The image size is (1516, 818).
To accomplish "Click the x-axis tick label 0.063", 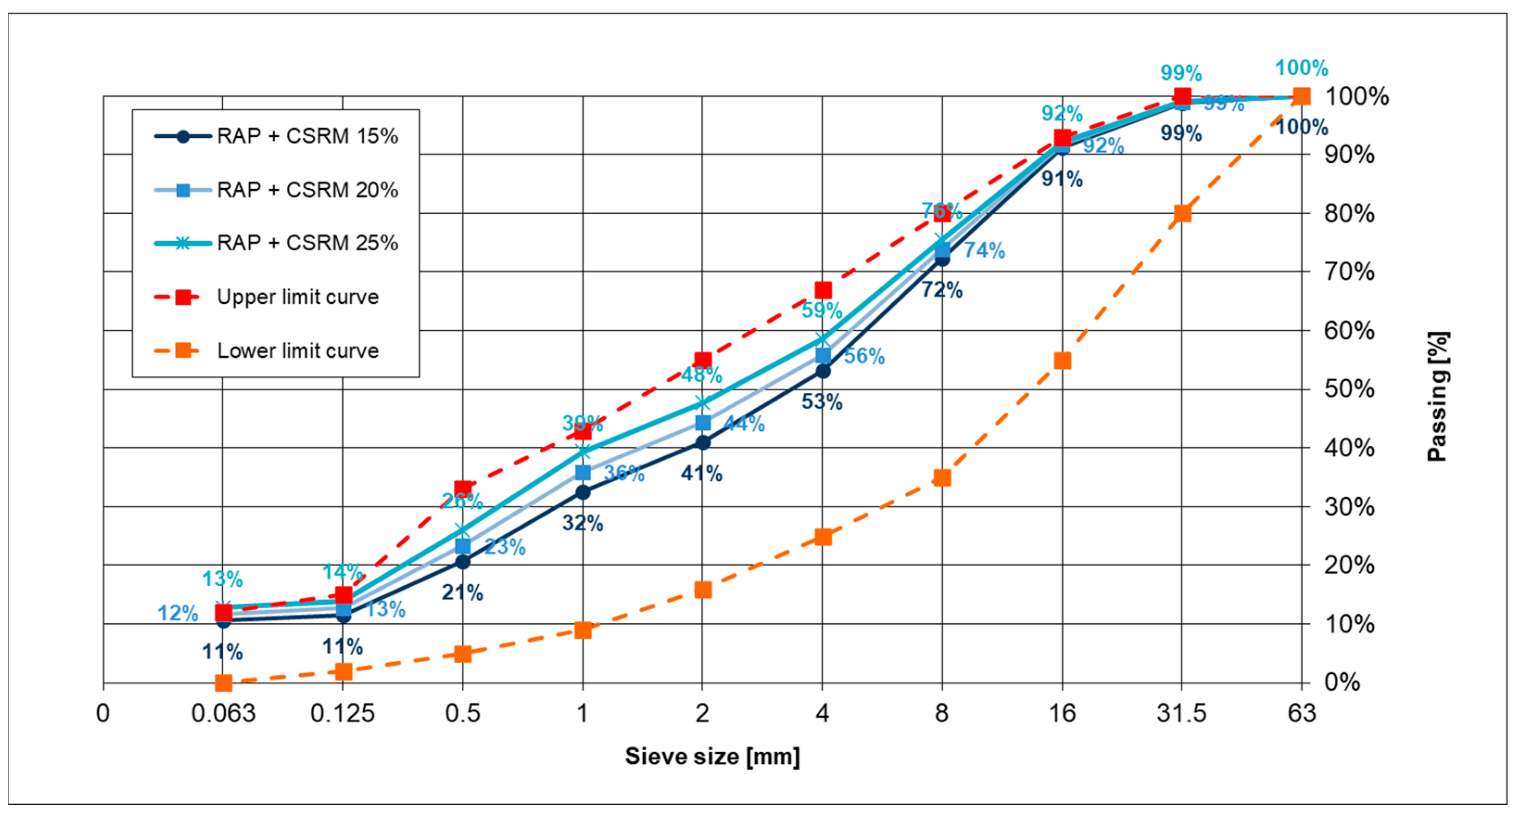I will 223,713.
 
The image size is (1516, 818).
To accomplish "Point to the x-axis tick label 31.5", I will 1181,713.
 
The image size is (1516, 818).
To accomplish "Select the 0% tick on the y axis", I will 1342,682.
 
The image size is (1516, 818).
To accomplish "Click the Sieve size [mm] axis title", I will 712,756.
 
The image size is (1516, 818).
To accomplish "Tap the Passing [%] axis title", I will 1437,396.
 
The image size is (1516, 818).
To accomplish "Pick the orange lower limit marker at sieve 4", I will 823,537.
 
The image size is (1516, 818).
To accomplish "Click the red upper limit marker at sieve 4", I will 823,290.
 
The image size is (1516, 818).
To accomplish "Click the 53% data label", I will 821,402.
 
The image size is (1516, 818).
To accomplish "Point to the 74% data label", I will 984,251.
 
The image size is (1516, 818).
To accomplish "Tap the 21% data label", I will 462,593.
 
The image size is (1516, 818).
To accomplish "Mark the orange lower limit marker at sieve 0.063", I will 223,683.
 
